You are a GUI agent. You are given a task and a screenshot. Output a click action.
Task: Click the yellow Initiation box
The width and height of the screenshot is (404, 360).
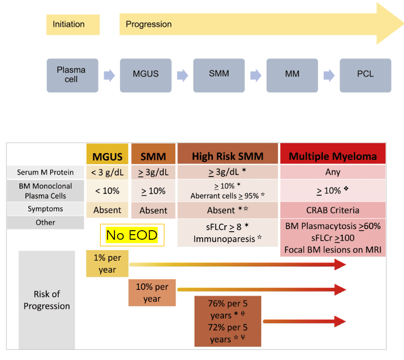73,24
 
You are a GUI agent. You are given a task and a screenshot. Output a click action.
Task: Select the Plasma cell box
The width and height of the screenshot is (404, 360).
73,75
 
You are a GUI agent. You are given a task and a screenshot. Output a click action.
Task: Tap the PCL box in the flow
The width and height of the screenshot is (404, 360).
365,75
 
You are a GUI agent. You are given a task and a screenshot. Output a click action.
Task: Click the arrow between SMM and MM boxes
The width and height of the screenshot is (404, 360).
256,76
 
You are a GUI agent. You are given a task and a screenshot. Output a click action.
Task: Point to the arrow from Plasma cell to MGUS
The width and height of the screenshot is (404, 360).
109,76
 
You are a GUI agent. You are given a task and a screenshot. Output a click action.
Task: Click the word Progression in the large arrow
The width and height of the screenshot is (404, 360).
149,24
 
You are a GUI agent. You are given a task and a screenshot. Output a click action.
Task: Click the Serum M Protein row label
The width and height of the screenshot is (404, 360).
45,172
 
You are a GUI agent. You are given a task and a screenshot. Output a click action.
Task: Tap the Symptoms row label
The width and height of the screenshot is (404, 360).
45,209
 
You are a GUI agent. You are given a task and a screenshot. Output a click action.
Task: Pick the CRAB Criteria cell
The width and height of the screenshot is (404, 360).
333,210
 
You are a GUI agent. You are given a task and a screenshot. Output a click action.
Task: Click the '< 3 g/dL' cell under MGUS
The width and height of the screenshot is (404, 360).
107,172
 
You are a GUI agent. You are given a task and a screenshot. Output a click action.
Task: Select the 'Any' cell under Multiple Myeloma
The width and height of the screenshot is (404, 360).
333,172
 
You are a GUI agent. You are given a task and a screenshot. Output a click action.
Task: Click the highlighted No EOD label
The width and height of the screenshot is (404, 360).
132,235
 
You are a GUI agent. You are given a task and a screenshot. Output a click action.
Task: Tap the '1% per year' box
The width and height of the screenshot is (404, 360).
107,264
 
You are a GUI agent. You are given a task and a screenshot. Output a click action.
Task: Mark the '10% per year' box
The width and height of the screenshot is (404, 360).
152,292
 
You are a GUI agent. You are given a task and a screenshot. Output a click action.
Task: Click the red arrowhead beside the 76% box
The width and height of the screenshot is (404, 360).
340,321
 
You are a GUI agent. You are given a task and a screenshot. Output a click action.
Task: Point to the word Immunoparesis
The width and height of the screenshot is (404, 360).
224,239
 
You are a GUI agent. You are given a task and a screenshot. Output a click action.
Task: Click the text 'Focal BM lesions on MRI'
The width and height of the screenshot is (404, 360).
333,250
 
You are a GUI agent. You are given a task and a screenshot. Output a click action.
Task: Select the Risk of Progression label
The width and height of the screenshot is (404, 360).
47,300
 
